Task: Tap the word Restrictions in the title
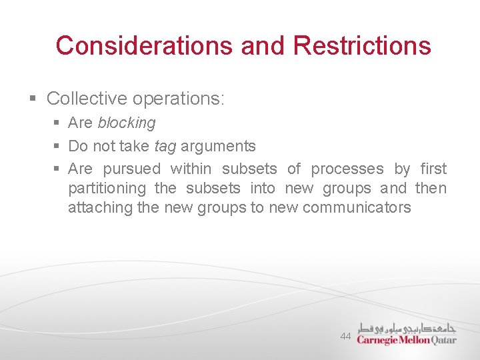362,45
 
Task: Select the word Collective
87,99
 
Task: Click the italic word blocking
127,123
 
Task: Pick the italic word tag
165,146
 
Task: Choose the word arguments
218,146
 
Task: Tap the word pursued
132,169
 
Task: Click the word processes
347,169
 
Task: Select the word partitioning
107,188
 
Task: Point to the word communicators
357,207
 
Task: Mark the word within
191,169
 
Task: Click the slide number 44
345,337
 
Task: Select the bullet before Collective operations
33,99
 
